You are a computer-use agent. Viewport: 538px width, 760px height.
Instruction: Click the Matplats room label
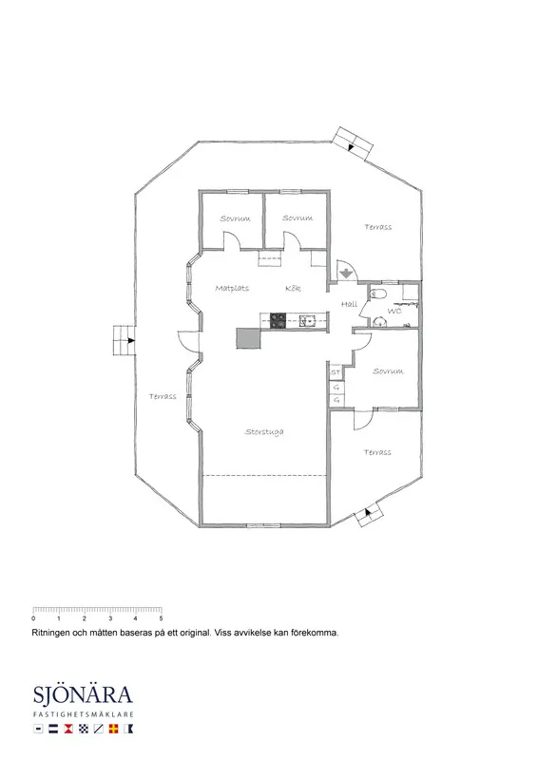coord(232,289)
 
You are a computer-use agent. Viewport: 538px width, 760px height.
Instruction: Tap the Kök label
coord(293,289)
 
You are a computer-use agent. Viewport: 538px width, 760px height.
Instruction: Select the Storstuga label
coord(264,432)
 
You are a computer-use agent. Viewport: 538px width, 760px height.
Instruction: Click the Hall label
coord(349,304)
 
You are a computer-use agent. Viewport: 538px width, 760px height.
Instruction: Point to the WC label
coord(394,311)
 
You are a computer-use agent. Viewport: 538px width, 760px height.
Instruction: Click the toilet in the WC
coord(378,294)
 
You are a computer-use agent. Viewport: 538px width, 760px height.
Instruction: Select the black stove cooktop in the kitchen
coord(278,321)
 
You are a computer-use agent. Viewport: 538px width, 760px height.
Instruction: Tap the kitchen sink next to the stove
coord(307,320)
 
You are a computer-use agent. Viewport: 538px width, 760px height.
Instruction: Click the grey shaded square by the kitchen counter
coord(248,338)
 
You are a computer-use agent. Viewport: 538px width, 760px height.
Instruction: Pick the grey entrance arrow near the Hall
coord(346,273)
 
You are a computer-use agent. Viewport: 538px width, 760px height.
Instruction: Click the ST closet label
coord(336,372)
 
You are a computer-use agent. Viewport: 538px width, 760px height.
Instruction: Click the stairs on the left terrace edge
coord(124,340)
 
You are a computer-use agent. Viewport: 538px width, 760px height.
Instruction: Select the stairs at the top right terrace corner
coord(353,143)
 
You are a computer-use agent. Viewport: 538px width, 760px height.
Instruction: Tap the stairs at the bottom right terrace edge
coord(369,515)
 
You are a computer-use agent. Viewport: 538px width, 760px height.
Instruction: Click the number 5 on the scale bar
coord(161,618)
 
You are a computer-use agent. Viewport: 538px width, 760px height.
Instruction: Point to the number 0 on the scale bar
coord(33,618)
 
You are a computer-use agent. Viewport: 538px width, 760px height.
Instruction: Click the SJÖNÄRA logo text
coord(83,694)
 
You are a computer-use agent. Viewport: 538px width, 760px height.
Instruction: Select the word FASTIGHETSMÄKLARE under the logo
coord(84,714)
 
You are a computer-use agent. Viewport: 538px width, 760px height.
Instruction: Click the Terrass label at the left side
coord(163,396)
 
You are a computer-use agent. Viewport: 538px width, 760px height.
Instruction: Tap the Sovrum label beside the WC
coord(388,371)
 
